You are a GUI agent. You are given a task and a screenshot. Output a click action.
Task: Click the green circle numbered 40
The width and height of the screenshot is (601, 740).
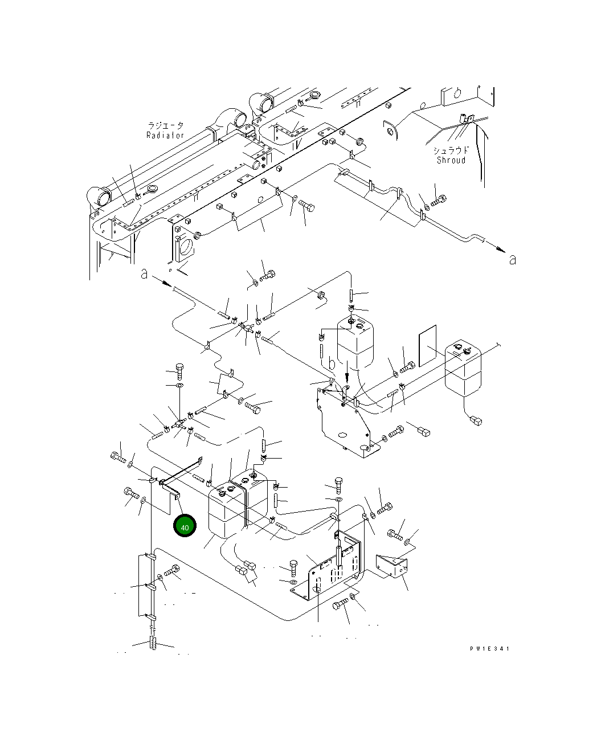(x=185, y=526)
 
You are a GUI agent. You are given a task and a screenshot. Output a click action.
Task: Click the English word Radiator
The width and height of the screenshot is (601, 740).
(x=165, y=136)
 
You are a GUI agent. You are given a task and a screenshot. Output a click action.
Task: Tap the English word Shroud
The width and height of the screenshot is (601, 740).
(x=451, y=160)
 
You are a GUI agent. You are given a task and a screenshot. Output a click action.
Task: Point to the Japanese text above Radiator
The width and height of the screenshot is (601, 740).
(x=166, y=125)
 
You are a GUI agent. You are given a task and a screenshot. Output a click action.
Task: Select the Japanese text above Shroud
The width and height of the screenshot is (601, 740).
(x=451, y=150)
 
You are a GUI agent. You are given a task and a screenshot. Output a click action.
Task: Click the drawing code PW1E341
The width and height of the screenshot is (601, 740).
(x=489, y=648)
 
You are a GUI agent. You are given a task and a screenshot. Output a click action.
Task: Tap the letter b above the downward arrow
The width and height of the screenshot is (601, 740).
(x=332, y=363)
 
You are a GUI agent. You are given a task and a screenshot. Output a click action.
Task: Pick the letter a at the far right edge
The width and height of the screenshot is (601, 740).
(x=512, y=259)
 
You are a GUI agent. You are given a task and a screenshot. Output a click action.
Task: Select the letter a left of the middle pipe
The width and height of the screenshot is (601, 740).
(x=145, y=275)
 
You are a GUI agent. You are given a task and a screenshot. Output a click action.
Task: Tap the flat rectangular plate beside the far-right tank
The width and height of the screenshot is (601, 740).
(x=427, y=346)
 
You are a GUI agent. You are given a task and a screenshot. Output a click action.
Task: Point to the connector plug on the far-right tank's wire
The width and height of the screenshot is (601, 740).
(x=475, y=421)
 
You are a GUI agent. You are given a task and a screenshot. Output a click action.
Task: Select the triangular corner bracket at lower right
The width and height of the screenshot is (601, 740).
(x=392, y=566)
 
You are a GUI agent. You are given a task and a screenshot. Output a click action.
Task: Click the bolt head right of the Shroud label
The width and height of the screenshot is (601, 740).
(x=440, y=200)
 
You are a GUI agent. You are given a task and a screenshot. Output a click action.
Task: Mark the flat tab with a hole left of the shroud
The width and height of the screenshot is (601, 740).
(x=389, y=130)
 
